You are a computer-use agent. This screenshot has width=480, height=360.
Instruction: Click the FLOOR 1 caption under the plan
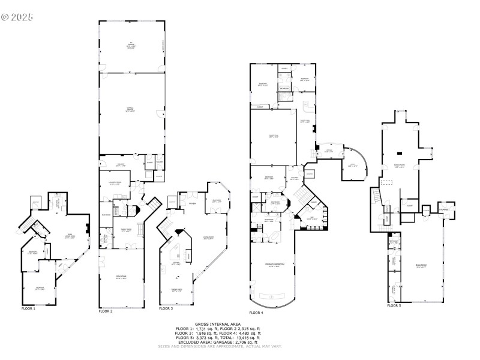pos(28,308)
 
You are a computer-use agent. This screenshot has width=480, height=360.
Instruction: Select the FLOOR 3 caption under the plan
pos(166,308)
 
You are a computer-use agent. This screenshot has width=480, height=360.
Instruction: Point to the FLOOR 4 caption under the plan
pos(256,312)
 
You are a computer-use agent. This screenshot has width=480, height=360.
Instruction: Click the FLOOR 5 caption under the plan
pos(394,305)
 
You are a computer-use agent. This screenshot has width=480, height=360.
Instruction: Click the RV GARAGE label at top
pos(130,44)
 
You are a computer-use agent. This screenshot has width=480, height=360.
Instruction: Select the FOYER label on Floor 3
pos(192,203)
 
